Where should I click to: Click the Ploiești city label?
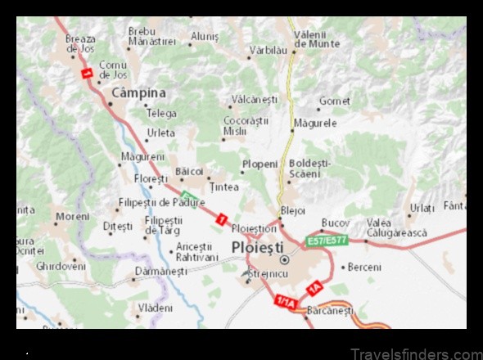pos(257,247)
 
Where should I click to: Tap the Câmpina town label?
pos(138,93)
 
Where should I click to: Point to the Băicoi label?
pos(188,171)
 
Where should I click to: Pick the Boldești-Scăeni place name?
pos(309,168)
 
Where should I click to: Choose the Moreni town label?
pos(72,217)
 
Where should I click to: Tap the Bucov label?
pos(335,222)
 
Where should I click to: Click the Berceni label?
pos(364,267)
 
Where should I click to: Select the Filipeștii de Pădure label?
pos(161,202)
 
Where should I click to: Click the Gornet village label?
pos(334,101)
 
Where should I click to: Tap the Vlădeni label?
pos(156,308)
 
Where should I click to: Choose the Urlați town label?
pos(422,208)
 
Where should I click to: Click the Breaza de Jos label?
pos(80,43)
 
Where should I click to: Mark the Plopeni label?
pos(260,164)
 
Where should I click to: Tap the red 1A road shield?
pos(314,288)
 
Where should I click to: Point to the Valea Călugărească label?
pos(396,227)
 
